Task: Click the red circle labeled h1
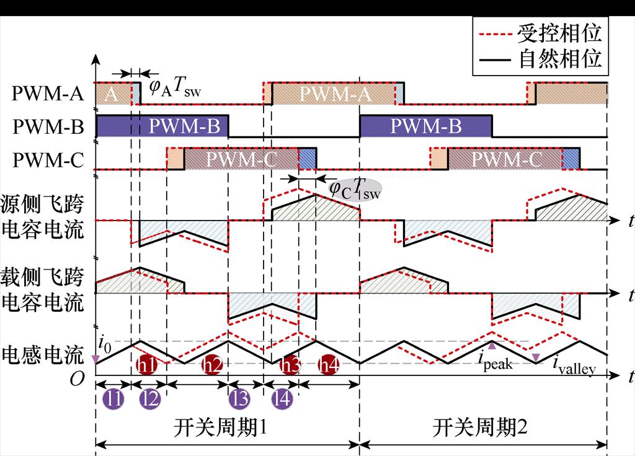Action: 146,366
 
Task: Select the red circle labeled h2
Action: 213,366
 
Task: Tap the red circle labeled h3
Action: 290,366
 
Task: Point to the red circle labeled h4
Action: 329,366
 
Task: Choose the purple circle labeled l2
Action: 149,400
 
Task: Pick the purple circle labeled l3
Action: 239,400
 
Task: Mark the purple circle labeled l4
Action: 283,400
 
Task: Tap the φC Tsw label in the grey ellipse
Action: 353,188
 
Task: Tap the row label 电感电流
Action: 43,355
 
